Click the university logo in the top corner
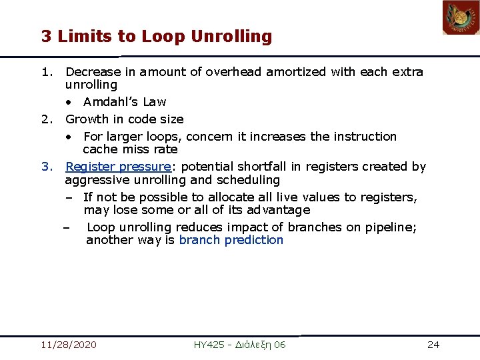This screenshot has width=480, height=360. pyautogui.click(x=461, y=18)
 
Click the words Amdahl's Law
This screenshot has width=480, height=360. pyautogui.click(x=125, y=102)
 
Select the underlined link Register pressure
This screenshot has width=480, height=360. pyautogui.click(x=118, y=167)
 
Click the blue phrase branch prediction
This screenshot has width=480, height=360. pyautogui.click(x=231, y=240)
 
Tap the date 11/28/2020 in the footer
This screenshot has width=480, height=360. pyautogui.click(x=68, y=345)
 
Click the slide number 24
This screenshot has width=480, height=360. pyautogui.click(x=433, y=345)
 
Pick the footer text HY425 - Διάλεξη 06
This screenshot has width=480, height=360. pyautogui.click(x=239, y=345)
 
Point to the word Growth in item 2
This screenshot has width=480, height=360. pyautogui.click(x=87, y=119)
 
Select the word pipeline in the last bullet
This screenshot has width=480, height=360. pyautogui.click(x=392, y=227)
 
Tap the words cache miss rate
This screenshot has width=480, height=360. pyautogui.click(x=130, y=149)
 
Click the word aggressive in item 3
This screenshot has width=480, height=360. pyautogui.click(x=94, y=180)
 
